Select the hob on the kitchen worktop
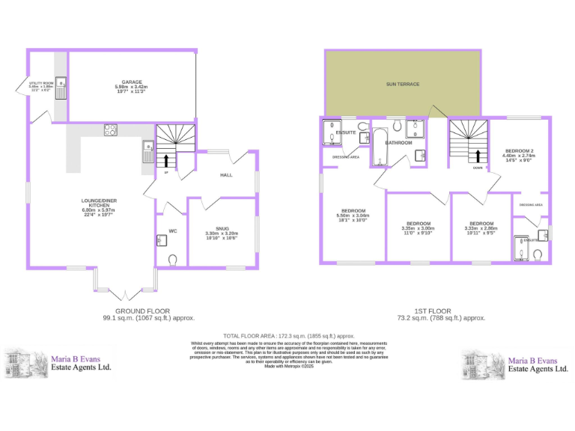click(x=110, y=129)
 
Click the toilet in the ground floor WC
click(x=173, y=260)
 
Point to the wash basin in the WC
click(x=161, y=241)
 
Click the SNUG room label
click(x=222, y=228)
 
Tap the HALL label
click(x=226, y=175)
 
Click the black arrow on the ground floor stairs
click(x=167, y=159)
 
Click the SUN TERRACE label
click(x=403, y=85)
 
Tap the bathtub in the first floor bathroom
click(x=379, y=147)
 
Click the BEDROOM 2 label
click(x=518, y=150)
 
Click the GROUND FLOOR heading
click(x=142, y=311)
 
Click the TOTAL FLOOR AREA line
click(x=289, y=336)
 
